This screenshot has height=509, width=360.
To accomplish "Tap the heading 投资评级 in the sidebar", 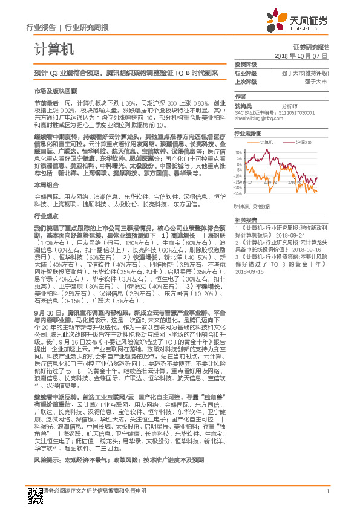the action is tap(246, 64).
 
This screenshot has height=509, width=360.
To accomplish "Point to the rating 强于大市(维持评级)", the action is tap(308, 73).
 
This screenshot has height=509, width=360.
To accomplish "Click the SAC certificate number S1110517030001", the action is tap(295, 112).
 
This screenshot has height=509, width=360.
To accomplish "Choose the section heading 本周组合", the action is tap(44, 186).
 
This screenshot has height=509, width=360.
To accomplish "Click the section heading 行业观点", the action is tap(44, 215).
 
